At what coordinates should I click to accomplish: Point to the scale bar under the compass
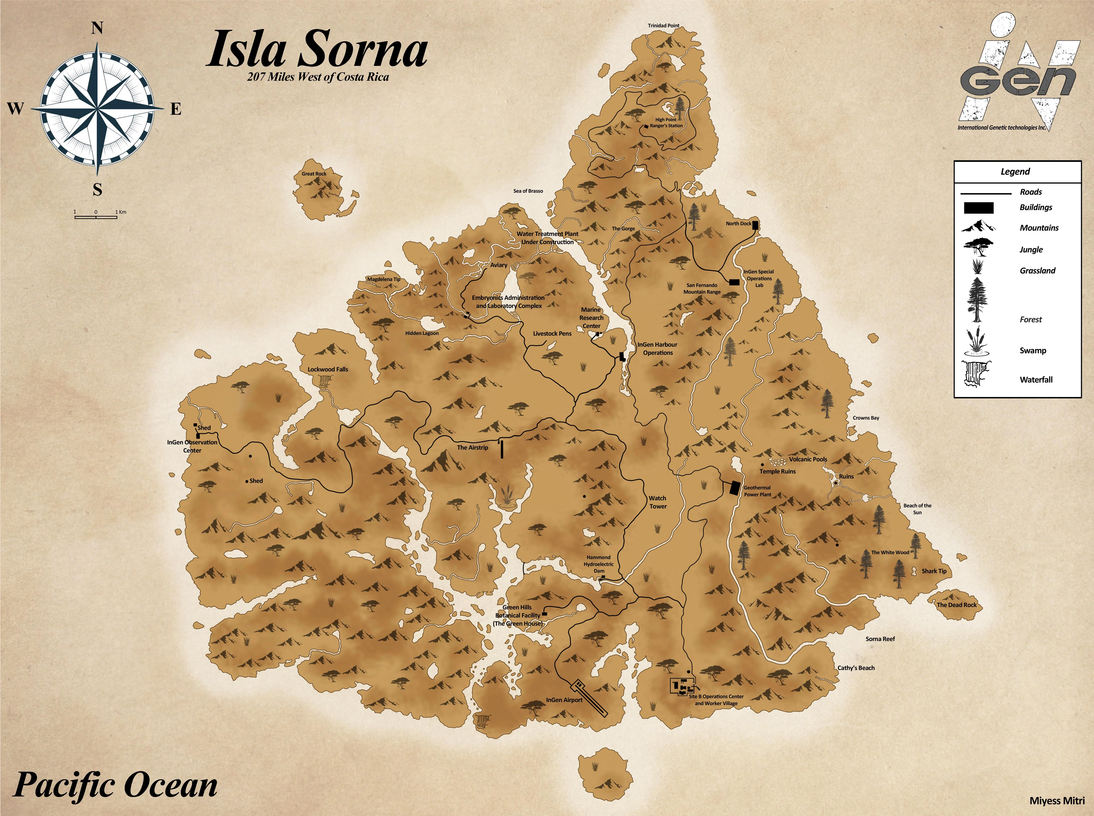(96, 216)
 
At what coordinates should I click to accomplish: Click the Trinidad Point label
(663, 26)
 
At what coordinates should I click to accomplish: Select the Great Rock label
(314, 174)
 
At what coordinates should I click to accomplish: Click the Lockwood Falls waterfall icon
(325, 381)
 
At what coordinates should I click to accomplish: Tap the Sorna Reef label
(880, 639)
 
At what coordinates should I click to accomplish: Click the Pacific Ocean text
(115, 785)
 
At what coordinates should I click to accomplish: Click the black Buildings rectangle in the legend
(978, 208)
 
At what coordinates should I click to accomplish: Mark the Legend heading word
(1015, 171)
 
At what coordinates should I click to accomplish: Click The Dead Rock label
(957, 605)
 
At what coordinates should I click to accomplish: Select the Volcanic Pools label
(808, 459)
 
